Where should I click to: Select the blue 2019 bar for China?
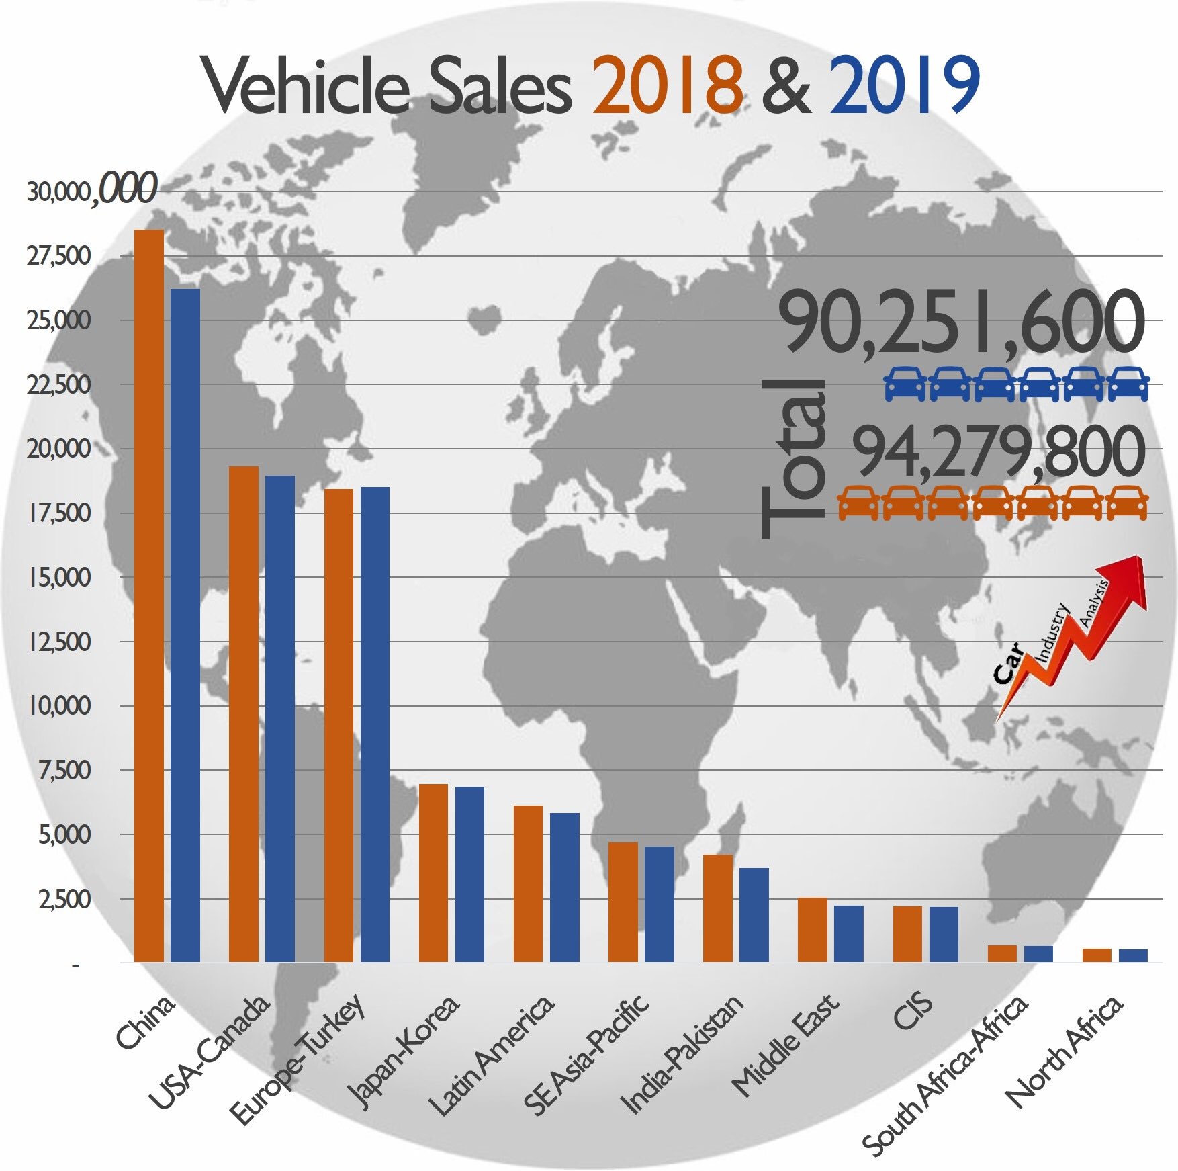point(185,625)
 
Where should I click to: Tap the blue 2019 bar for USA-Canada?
point(280,719)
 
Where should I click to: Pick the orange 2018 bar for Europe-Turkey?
point(338,726)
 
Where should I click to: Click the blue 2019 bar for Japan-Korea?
point(469,874)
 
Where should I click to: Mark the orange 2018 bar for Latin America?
point(528,883)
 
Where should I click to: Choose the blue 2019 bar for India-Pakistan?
point(754,915)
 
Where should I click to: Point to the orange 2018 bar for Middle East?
point(813,930)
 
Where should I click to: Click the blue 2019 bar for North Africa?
point(1133,955)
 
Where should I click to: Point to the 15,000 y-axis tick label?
point(59,577)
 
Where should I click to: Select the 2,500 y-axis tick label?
point(64,899)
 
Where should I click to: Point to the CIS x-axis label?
point(913,1010)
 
